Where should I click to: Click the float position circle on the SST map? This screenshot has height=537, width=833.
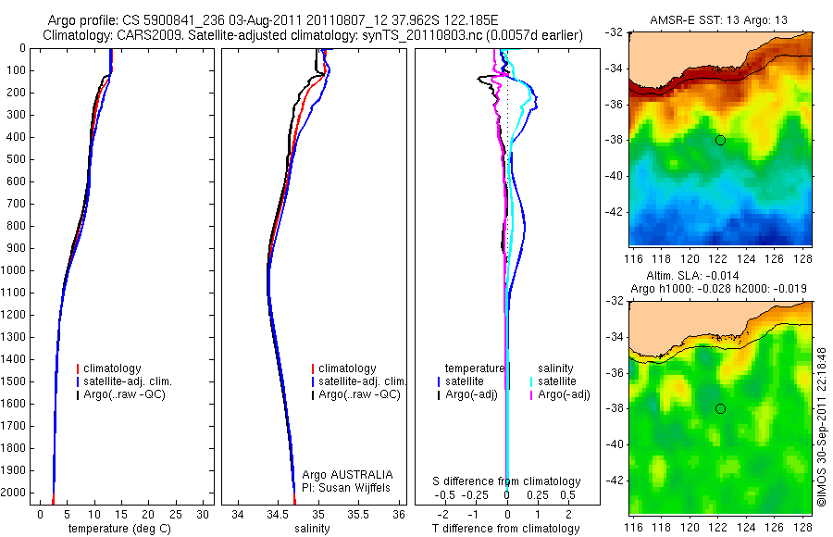click(720, 140)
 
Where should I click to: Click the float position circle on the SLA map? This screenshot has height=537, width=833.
click(720, 408)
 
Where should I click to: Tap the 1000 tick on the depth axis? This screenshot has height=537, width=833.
click(19, 270)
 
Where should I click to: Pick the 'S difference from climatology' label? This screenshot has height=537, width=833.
click(507, 481)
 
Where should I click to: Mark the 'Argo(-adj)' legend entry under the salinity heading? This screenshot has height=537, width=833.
click(564, 394)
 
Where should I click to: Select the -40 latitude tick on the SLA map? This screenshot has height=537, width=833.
click(615, 444)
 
